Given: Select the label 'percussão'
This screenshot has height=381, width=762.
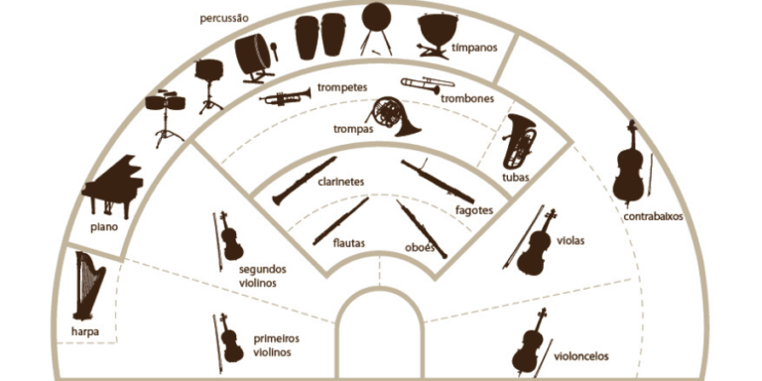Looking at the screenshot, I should (x=223, y=18).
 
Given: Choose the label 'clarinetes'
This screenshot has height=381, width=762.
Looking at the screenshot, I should (x=341, y=183).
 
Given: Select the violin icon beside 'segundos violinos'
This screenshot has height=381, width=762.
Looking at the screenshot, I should (x=229, y=238).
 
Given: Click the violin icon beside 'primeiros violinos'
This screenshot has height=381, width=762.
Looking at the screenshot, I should (x=229, y=338).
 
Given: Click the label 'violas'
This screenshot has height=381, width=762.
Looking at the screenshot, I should (x=571, y=240).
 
